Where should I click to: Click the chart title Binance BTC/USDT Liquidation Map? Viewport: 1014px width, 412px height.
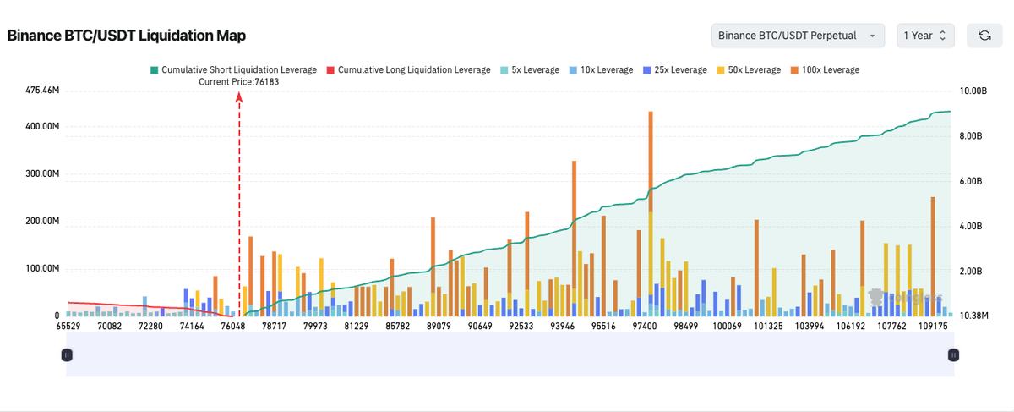pos(127,36)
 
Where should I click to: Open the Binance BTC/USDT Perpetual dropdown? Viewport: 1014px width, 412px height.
pos(798,36)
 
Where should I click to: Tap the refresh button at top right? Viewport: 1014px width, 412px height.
pos(984,36)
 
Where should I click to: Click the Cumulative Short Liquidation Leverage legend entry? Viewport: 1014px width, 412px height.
pos(233,69)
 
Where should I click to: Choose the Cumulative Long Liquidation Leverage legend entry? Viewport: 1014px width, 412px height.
pos(408,69)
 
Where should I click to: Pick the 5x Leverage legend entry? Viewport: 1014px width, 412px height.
pos(530,69)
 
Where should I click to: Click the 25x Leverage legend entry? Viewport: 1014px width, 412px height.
pos(675,69)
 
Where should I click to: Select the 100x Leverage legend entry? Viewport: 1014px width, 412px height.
pos(824,69)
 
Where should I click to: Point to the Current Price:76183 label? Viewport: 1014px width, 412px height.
pos(238,82)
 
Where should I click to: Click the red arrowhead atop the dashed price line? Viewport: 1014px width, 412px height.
pos(239,97)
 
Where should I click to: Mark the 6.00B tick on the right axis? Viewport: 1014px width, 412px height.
pos(974,181)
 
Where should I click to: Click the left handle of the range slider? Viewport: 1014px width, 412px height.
pos(67,355)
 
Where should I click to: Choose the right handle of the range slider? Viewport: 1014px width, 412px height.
pos(953,355)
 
